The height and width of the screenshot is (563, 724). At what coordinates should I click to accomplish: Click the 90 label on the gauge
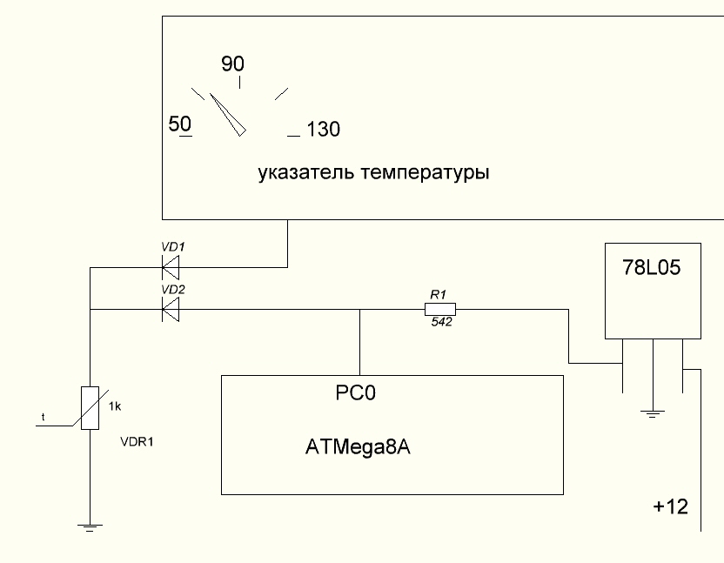(x=233, y=64)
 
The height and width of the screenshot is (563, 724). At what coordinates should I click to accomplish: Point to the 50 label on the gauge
(x=180, y=124)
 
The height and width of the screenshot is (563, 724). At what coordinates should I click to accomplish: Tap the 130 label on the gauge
(x=323, y=130)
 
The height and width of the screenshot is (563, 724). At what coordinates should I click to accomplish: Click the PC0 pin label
(x=355, y=393)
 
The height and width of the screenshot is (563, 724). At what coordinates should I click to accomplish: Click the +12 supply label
(x=671, y=506)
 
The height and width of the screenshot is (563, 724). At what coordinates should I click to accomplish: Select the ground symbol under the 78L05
(x=653, y=413)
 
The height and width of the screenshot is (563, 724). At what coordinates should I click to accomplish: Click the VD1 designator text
(x=173, y=247)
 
